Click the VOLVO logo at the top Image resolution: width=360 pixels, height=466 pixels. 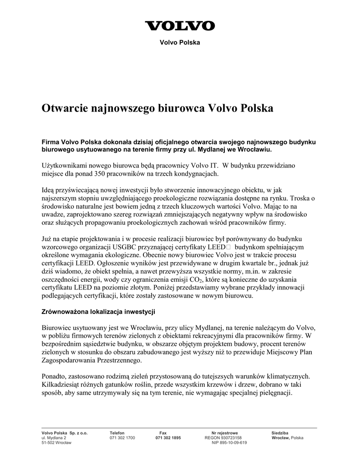click(x=180, y=25)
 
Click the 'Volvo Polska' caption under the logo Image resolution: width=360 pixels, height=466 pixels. click(x=180, y=42)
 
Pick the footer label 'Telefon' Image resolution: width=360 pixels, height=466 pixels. click(x=117, y=433)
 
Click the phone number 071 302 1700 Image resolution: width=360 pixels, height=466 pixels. click(x=122, y=438)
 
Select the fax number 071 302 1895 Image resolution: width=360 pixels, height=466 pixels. click(x=168, y=438)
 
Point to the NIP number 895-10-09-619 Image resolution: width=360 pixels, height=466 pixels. click(x=229, y=443)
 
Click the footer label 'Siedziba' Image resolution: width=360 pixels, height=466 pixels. click(x=279, y=433)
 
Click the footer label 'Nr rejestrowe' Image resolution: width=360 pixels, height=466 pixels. click(x=224, y=433)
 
